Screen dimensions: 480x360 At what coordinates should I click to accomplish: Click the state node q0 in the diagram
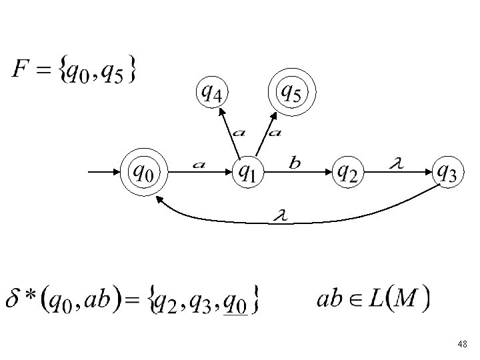145,173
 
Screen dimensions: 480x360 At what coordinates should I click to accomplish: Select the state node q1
247,173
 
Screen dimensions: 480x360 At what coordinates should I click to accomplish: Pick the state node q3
445,173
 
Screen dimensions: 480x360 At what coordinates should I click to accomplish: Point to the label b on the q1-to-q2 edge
295,161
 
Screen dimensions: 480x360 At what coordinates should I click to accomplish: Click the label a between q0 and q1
198,164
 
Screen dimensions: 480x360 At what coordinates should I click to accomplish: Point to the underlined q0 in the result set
235,303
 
